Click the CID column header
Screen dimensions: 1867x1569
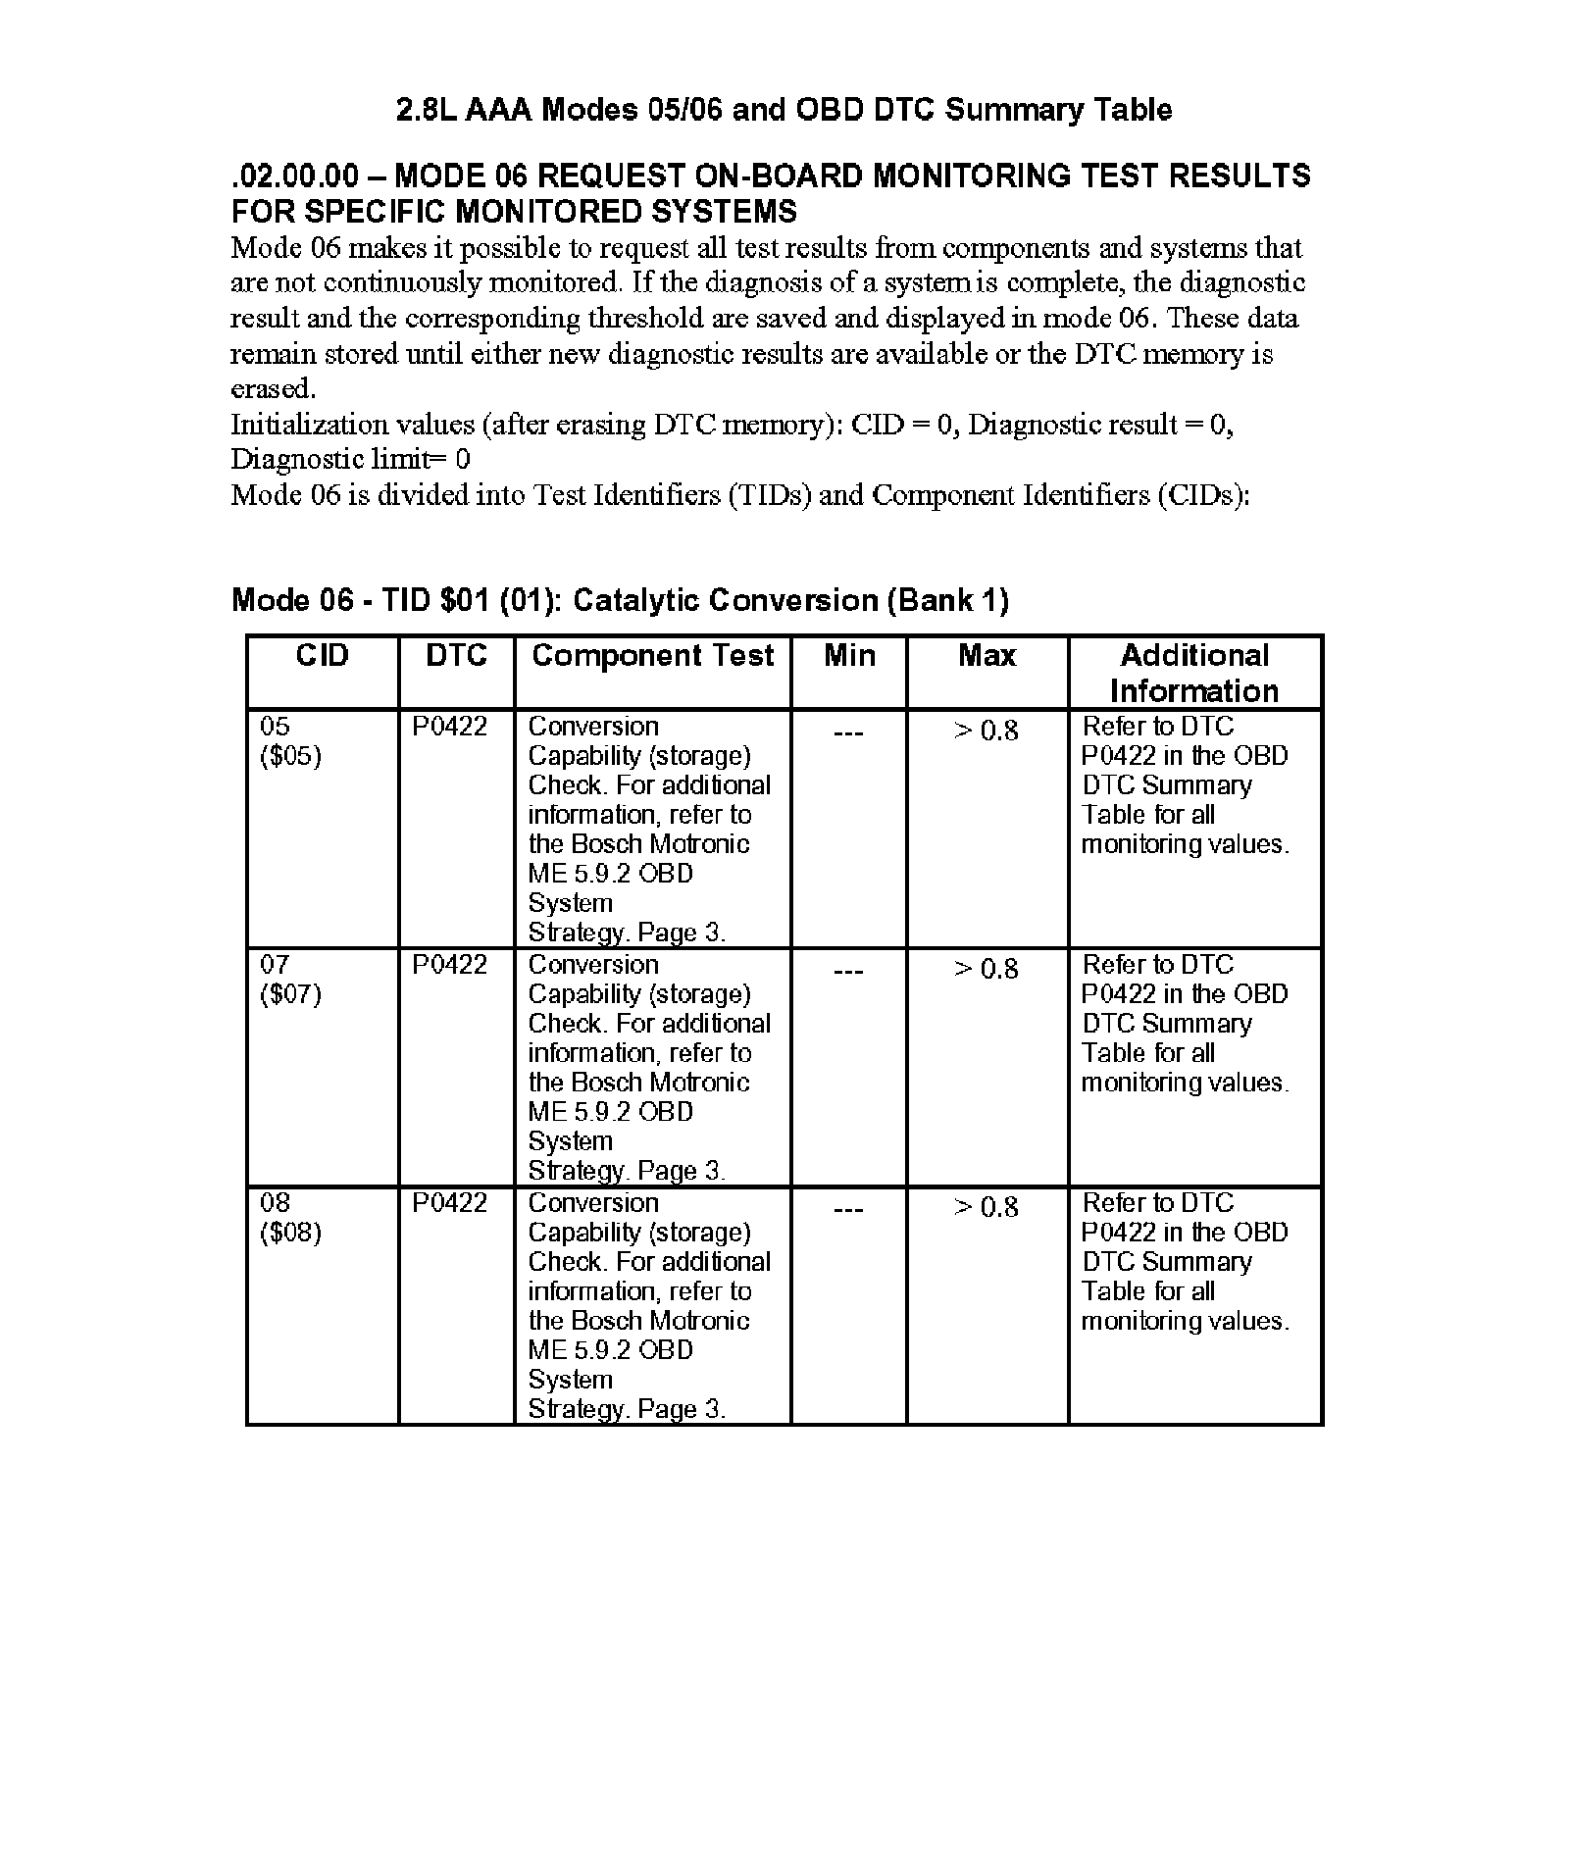(322, 655)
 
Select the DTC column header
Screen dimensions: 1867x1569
(456, 655)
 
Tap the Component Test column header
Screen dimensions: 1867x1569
(652, 655)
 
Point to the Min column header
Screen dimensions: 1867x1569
(849, 655)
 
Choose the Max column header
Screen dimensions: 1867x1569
(987, 655)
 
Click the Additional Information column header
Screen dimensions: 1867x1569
(1194, 673)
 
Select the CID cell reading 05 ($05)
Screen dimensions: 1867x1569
(290, 741)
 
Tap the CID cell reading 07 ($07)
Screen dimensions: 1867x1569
(290, 980)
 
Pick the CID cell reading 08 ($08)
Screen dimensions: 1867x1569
(290, 1218)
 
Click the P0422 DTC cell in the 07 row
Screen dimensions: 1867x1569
(449, 965)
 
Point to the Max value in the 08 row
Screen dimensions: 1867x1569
(987, 1207)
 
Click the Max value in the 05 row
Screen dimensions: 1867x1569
(987, 731)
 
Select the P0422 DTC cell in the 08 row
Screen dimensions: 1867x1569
(449, 1203)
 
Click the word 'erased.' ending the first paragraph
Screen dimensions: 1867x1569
(273, 388)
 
